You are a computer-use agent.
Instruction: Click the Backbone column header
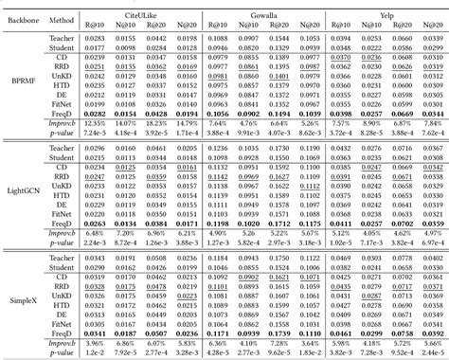(24, 17)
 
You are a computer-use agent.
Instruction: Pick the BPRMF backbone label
(24, 83)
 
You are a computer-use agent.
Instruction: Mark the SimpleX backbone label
(24, 296)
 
